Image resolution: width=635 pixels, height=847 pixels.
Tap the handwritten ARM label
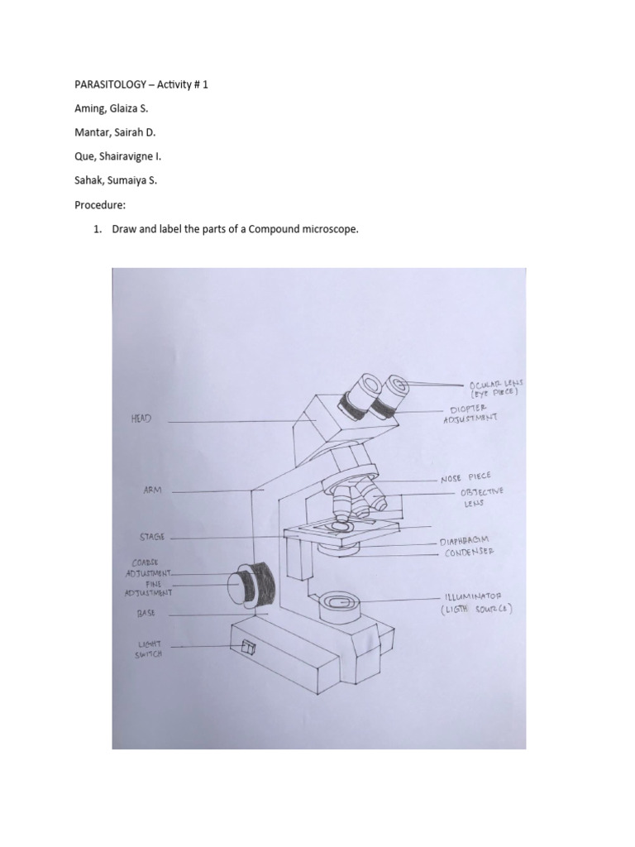[153, 490]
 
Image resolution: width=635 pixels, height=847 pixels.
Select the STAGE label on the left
[152, 537]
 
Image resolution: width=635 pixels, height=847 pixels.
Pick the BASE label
[146, 614]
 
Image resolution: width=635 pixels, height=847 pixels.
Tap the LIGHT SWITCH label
[150, 648]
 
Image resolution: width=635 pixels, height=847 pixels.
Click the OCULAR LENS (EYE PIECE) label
[493, 390]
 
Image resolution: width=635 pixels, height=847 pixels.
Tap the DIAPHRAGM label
[470, 539]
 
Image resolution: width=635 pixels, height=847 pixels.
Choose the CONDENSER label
[469, 552]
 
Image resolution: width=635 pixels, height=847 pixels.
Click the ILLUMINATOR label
[477, 601]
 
